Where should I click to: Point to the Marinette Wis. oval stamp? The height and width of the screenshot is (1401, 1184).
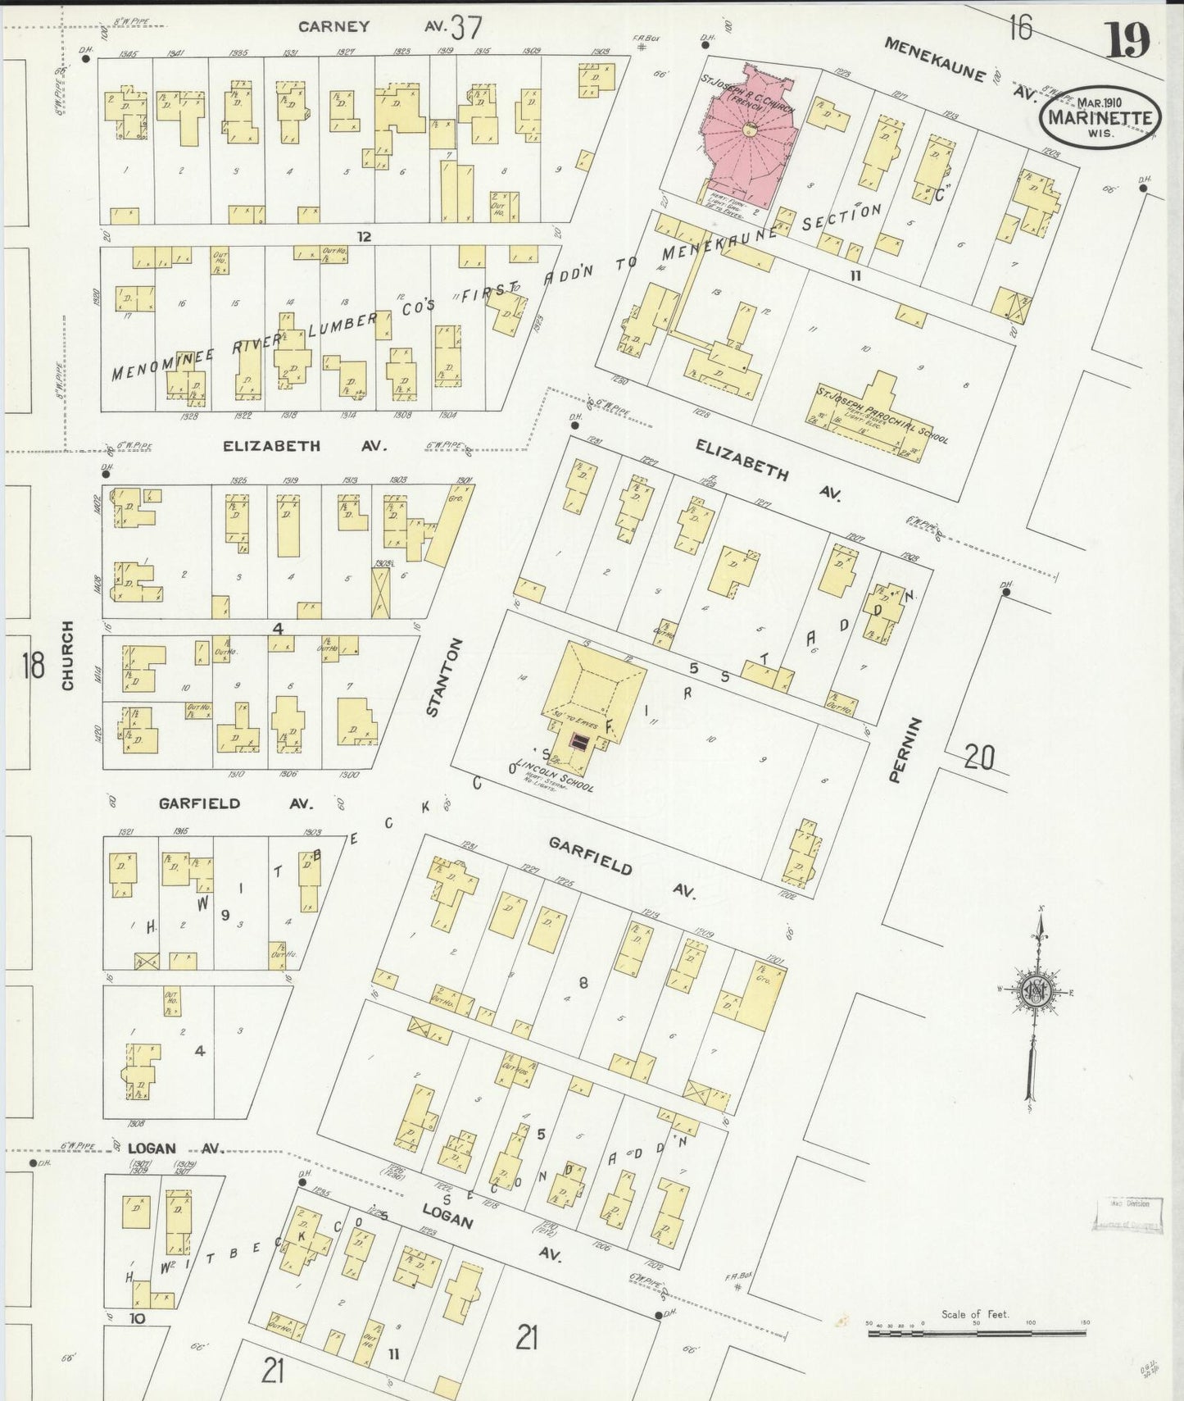tap(1100, 117)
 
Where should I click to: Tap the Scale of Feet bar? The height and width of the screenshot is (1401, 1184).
tap(976, 1333)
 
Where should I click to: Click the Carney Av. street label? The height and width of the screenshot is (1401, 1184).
tap(334, 26)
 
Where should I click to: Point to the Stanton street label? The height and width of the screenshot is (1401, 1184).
tap(443, 677)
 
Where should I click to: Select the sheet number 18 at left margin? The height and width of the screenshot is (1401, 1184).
tap(33, 665)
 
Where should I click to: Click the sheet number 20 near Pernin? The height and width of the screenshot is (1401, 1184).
tap(978, 756)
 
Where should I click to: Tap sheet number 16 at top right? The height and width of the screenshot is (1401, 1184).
tap(1019, 28)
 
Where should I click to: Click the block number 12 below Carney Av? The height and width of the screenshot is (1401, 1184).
tap(364, 237)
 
